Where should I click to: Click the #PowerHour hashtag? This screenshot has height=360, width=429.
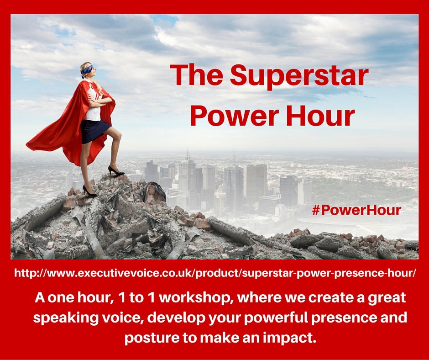coord(356,210)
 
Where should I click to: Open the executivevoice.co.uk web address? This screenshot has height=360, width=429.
coord(215,273)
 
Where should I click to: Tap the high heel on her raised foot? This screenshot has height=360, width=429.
coord(115,171)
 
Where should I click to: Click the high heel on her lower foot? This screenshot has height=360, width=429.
coord(89,191)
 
